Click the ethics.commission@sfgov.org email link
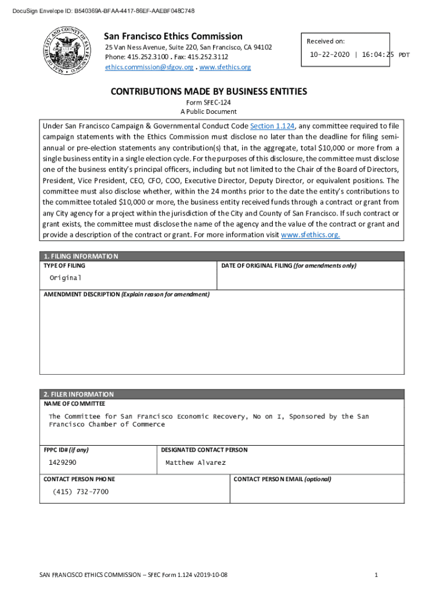pyautogui.click(x=149, y=67)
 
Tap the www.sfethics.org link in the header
pyautogui.click(x=225, y=67)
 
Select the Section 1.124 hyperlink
pyautogui.click(x=272, y=126)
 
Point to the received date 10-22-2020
pyautogui.click(x=330, y=55)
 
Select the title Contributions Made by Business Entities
pyautogui.click(x=209, y=92)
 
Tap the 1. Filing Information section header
pyautogui.click(x=81, y=256)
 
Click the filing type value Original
pyautogui.click(x=65, y=278)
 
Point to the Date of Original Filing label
pyautogui.click(x=289, y=266)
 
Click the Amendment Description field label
pyautogui.click(x=127, y=294)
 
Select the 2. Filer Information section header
pyautogui.click(x=79, y=394)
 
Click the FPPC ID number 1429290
pyautogui.click(x=62, y=463)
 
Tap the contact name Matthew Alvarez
pyautogui.click(x=196, y=463)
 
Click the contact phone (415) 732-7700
pyautogui.click(x=81, y=492)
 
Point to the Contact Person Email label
pyautogui.click(x=282, y=479)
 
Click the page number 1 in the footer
pyautogui.click(x=377, y=575)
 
